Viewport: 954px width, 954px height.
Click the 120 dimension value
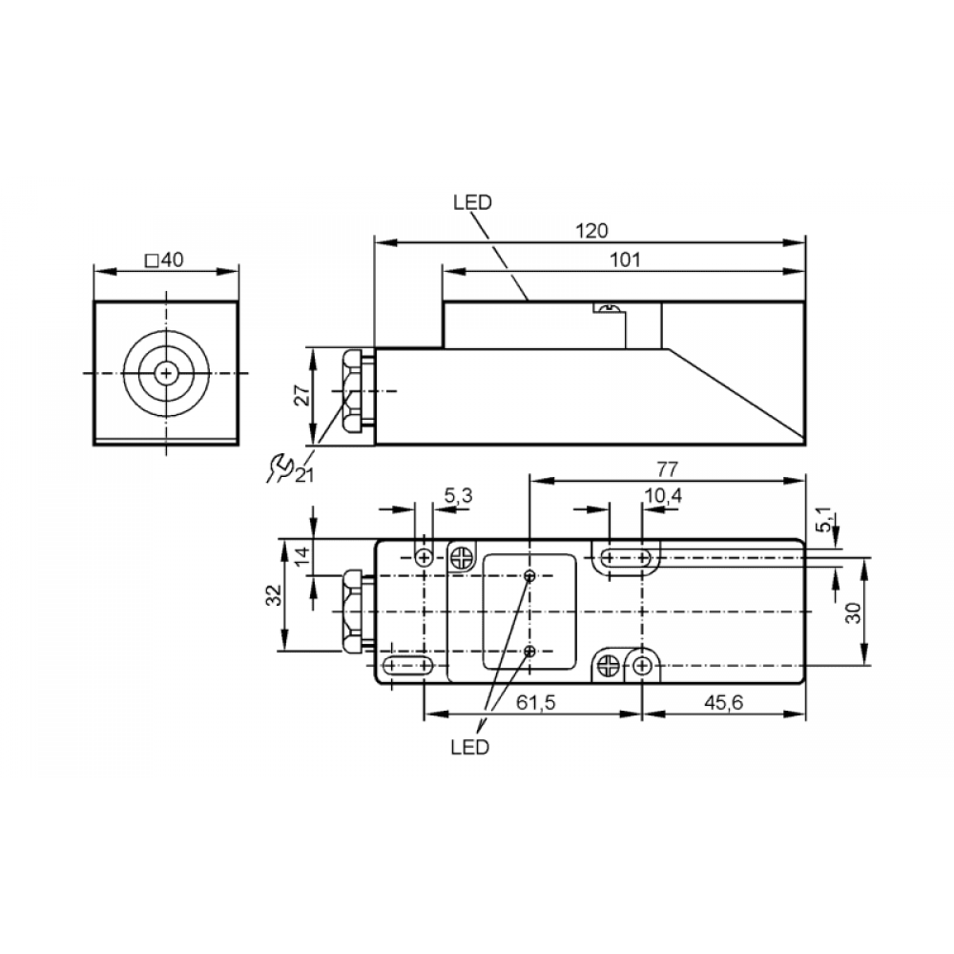tap(591, 231)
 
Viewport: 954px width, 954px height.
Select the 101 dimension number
tap(625, 259)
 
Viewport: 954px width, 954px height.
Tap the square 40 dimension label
tap(164, 259)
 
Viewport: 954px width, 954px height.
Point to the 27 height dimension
tap(301, 395)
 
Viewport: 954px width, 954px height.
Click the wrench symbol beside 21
tap(280, 467)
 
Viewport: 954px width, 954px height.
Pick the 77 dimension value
tap(667, 469)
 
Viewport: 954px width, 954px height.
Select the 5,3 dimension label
tap(458, 496)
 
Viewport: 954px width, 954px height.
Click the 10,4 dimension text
tap(663, 496)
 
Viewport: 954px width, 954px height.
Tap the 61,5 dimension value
tap(536, 703)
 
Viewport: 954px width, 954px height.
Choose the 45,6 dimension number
tap(724, 703)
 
